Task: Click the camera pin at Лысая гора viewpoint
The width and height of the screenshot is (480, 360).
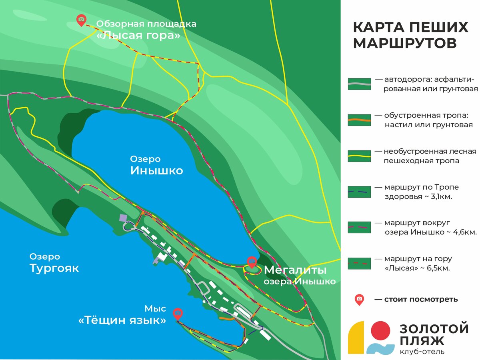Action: point(81,20)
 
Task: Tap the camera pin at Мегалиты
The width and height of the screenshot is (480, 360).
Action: point(252,262)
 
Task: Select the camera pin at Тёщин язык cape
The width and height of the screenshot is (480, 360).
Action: point(178,314)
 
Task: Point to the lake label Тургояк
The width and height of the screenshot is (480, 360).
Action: point(54,268)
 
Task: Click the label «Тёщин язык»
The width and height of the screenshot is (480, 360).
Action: point(122,320)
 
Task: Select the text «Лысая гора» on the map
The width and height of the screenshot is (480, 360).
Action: point(138,36)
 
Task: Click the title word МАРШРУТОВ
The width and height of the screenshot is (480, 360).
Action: point(404,43)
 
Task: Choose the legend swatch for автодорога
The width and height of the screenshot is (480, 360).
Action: point(359,84)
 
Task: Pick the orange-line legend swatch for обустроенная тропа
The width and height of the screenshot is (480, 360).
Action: point(359,120)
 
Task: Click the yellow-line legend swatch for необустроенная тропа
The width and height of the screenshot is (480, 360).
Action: point(359,156)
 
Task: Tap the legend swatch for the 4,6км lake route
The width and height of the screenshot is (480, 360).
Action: point(359,227)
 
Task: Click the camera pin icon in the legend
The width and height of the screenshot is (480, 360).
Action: point(359,300)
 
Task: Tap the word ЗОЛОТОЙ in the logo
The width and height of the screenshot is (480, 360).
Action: point(434,329)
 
